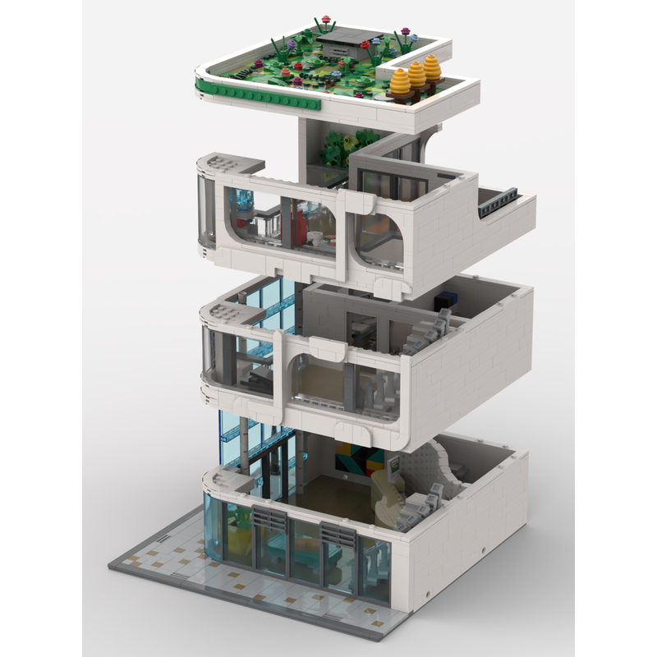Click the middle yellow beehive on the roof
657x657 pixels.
416,76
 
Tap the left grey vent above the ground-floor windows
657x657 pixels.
270,517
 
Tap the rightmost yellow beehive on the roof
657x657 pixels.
432,68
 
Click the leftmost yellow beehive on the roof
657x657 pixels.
401,82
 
